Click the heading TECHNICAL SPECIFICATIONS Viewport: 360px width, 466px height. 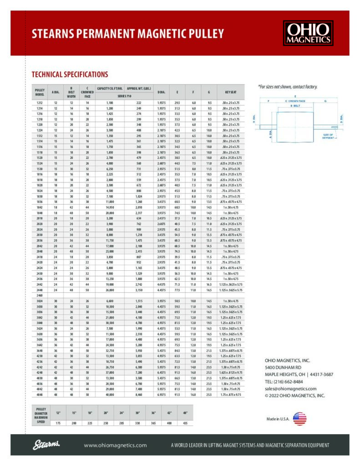pos(70,74)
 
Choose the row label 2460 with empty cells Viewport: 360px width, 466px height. pos(40,295)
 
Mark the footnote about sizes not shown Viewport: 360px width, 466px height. pos(287,86)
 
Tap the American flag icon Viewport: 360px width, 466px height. pos(299,419)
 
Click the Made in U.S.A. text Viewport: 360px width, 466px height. pos(277,419)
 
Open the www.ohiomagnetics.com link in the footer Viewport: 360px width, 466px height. pos(115,445)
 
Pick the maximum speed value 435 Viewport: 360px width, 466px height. pos(185,423)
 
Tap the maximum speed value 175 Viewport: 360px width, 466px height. pos(58,423)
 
